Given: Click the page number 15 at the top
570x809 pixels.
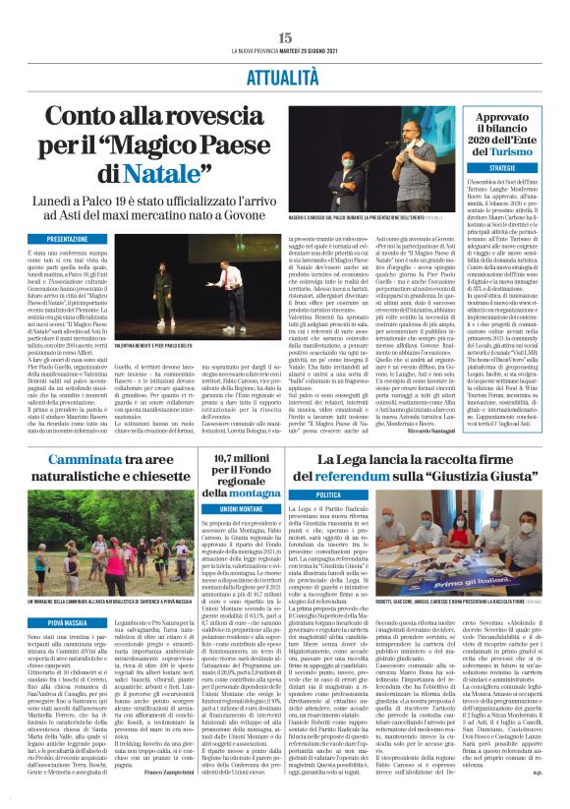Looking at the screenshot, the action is pyautogui.click(x=285, y=36).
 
